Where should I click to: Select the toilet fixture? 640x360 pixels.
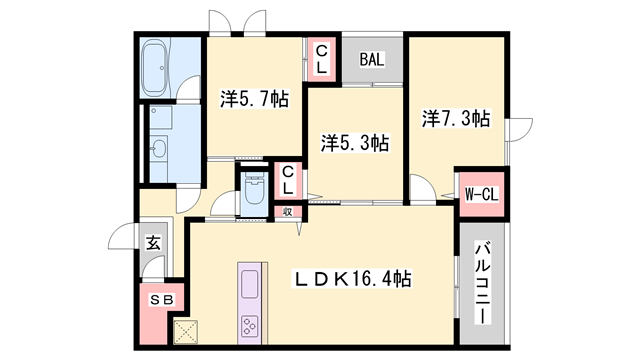pyautogui.click(x=253, y=192)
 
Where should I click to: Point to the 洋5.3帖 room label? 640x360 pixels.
pyautogui.click(x=354, y=143)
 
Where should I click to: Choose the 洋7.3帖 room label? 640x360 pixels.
pyautogui.click(x=455, y=119)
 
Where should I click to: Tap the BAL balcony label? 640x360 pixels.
pyautogui.click(x=372, y=60)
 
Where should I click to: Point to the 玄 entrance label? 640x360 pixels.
pyautogui.click(x=154, y=243)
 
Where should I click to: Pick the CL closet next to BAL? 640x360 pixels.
pyautogui.click(x=323, y=59)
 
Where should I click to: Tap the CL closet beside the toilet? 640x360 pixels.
pyautogui.click(x=287, y=181)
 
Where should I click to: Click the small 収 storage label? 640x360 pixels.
pyautogui.click(x=287, y=212)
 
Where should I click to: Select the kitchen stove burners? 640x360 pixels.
pyautogui.click(x=248, y=326)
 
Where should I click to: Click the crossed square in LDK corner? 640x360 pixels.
pyautogui.click(x=187, y=331)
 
